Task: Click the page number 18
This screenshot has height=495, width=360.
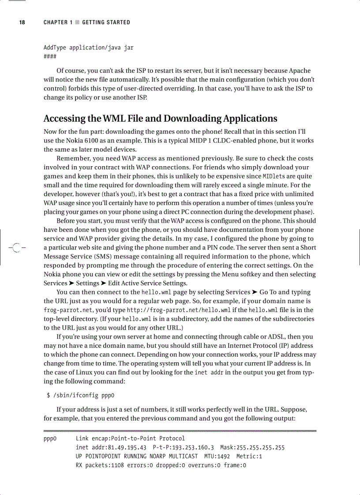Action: tap(22, 22)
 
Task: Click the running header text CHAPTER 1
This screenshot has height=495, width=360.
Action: tap(58, 22)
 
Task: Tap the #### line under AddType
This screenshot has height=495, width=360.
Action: tap(50, 56)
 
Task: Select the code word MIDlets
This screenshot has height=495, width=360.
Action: tap(275, 176)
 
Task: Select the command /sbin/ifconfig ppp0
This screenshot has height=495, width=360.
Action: tap(83, 395)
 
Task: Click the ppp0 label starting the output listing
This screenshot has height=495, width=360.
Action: tap(50, 439)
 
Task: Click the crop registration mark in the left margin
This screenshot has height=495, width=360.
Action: tap(16, 248)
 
